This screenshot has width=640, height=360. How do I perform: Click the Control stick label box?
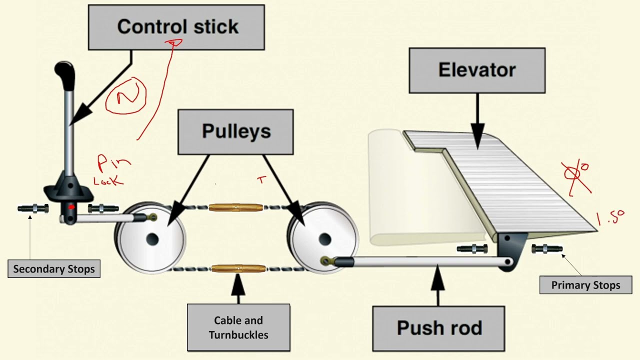pyautogui.click(x=176, y=27)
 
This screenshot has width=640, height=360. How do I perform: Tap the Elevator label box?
pyautogui.click(x=476, y=70)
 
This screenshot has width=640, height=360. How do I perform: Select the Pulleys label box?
pyautogui.click(x=236, y=131)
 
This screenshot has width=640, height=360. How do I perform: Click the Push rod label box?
pyautogui.click(x=439, y=328)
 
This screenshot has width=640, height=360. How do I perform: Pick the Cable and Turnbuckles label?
pyautogui.click(x=238, y=327)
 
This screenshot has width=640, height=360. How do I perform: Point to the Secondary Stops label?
pyautogui.click(x=53, y=269)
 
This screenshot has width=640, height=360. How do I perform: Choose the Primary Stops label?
pyautogui.click(x=585, y=285)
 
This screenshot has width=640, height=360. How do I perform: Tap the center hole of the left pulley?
pyautogui.click(x=152, y=238)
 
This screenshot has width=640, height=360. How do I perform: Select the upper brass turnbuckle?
pyautogui.click(x=235, y=206)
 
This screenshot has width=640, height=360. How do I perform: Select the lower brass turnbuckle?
pyautogui.click(x=234, y=269)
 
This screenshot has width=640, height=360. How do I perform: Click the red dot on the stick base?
pyautogui.click(x=71, y=206)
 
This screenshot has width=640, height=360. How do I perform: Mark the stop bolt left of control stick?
pyautogui.click(x=33, y=208)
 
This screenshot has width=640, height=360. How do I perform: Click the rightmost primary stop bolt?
pyautogui.click(x=547, y=248)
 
